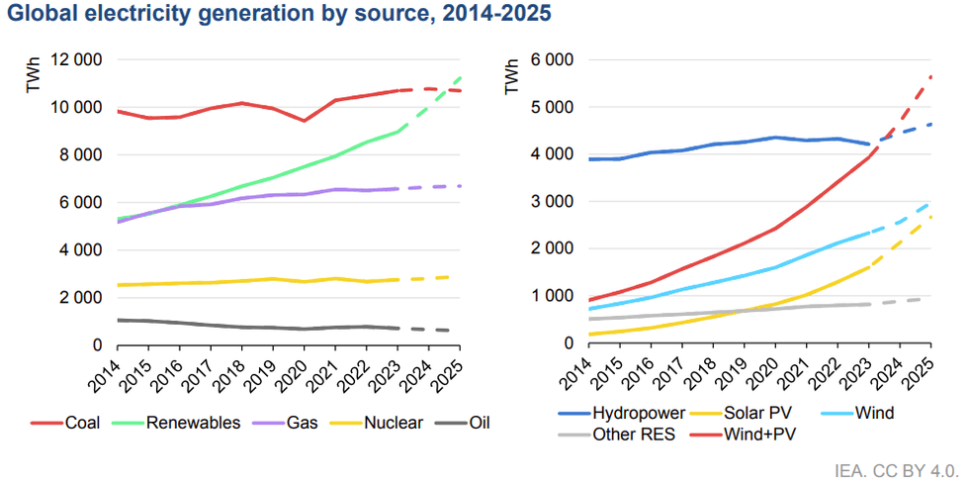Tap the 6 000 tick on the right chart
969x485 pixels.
coord(555,59)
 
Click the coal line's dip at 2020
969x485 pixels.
coord(304,121)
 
